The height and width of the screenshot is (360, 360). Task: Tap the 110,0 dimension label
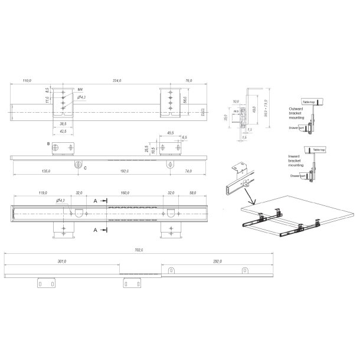[27, 80]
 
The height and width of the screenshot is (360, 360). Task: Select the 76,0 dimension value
[188, 80]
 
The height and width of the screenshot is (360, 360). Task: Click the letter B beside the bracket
[48, 143]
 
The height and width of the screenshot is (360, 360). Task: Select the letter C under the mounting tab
[86, 169]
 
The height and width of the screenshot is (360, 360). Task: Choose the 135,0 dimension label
[46, 171]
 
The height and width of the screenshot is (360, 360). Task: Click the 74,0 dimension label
[188, 171]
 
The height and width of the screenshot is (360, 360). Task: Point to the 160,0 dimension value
[125, 192]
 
